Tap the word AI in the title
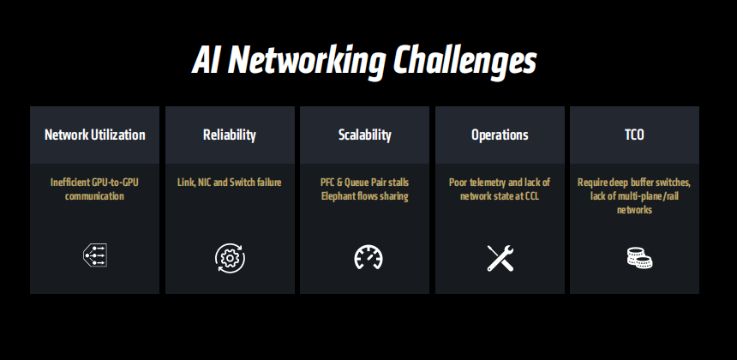coord(207,62)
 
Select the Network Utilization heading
coord(94,135)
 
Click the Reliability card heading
coord(230,135)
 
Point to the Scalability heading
coord(364,135)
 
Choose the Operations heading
coord(500,135)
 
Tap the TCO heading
coord(634,135)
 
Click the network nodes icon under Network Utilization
coord(94,256)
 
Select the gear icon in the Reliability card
coord(230,257)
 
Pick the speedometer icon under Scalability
coord(368,257)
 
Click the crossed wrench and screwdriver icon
coord(500,257)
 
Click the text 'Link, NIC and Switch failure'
coord(230,183)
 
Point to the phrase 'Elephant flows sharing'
coord(364,196)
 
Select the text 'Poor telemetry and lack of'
coord(500,183)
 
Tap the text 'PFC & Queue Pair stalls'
coord(364,183)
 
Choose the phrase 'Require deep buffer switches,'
coord(634,183)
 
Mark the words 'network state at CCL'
coord(500,196)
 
